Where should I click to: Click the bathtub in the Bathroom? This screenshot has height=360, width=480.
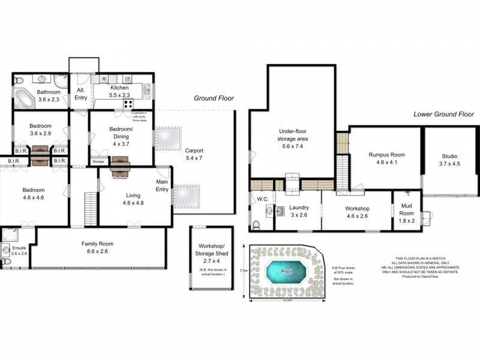pos(25,98)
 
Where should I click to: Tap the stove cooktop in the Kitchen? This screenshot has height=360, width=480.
pos(128,103)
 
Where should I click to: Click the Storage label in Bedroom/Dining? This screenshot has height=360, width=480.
pos(98,161)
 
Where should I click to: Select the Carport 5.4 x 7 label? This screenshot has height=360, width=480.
pos(194,154)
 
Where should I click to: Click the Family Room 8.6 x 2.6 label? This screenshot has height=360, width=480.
pos(97,247)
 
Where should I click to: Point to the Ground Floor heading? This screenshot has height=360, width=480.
pos(214,98)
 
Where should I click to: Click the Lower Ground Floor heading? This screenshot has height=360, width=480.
pos(444,114)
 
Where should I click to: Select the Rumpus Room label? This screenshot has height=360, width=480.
pos(386,158)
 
